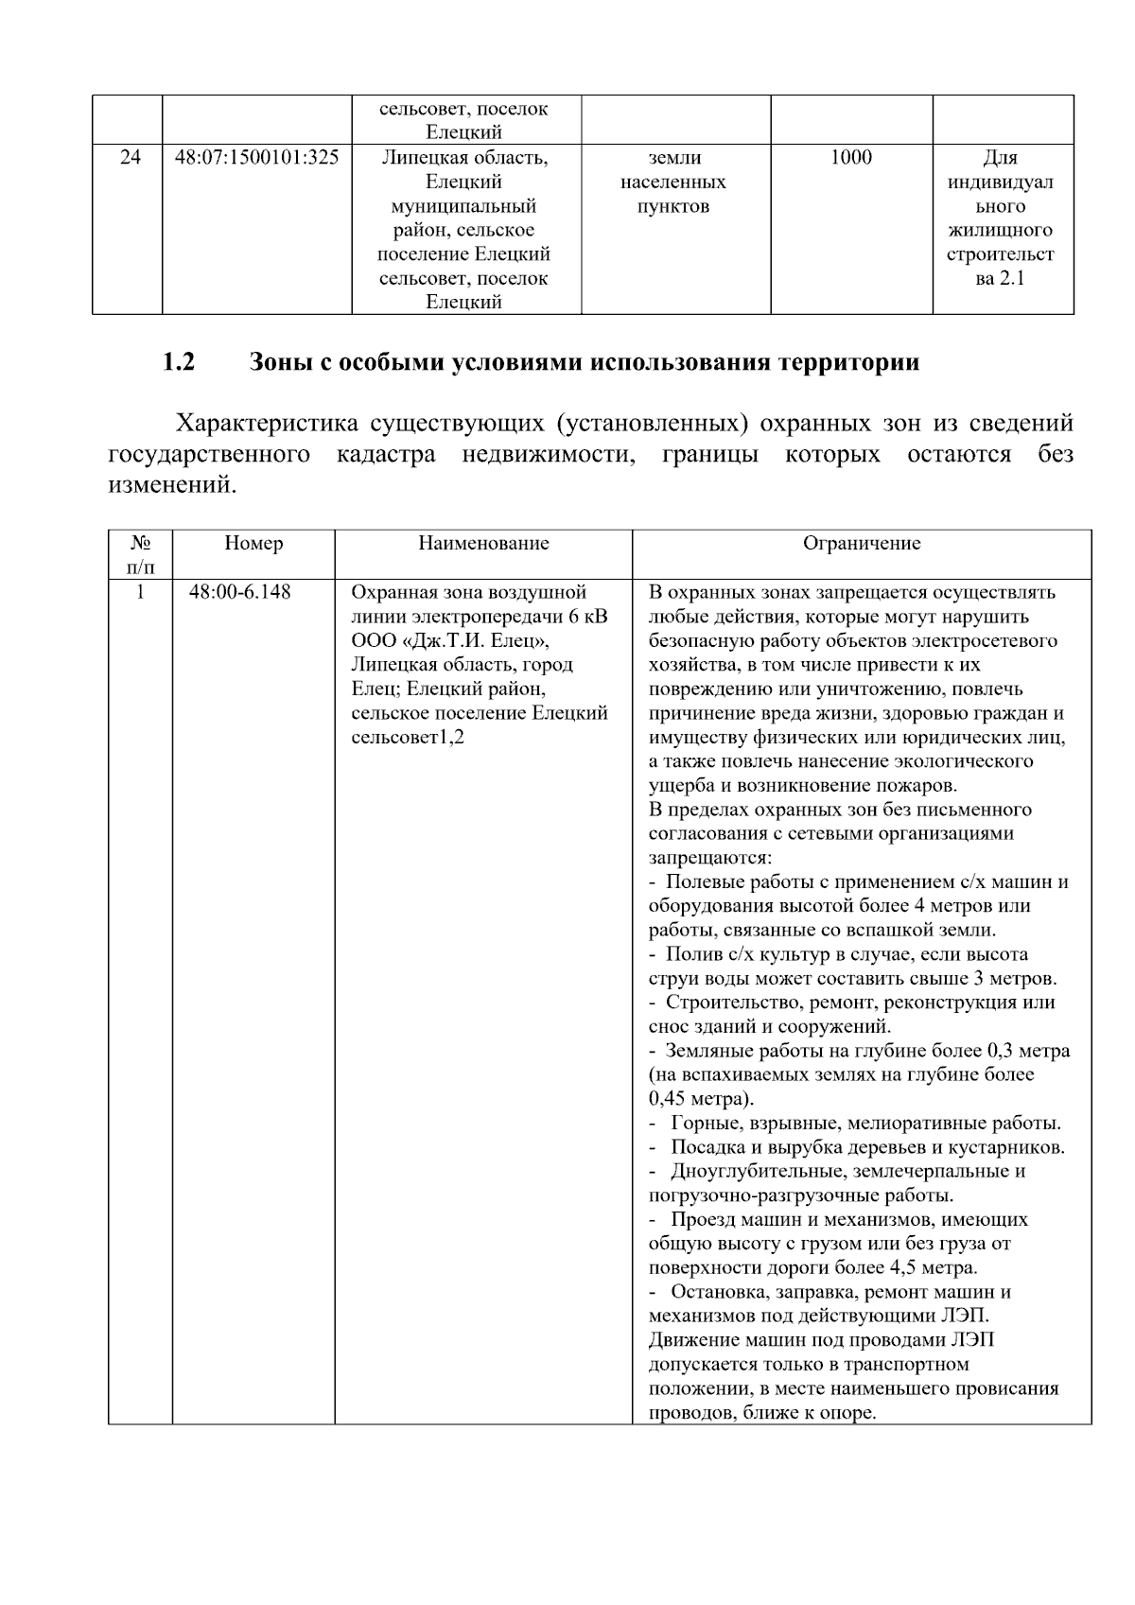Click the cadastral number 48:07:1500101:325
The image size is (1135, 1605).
[256, 158]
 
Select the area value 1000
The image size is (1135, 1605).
[850, 158]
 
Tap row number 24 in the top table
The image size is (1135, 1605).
[130, 158]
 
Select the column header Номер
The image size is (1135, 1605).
[253, 544]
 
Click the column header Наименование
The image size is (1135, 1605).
[483, 544]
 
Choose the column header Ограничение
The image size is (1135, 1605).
[861, 544]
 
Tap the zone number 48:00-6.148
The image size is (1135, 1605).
[240, 593]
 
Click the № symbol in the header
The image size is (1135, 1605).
[141, 544]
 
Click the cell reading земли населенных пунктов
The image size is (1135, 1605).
[673, 182]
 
